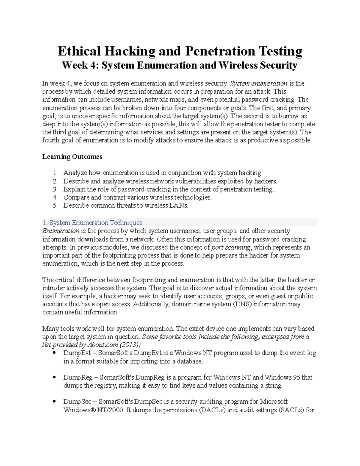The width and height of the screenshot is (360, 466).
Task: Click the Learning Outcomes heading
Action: pyautogui.click(x=72, y=157)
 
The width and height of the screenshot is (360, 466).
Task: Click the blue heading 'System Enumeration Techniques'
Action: pyautogui.click(x=95, y=223)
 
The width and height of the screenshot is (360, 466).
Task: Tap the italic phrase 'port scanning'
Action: pyautogui.click(x=231, y=247)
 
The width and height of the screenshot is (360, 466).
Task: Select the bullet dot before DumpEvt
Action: pyautogui.click(x=54, y=353)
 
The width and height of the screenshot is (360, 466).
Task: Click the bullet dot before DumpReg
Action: pyautogui.click(x=54, y=377)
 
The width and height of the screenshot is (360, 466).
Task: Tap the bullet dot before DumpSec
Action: pyautogui.click(x=54, y=401)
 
